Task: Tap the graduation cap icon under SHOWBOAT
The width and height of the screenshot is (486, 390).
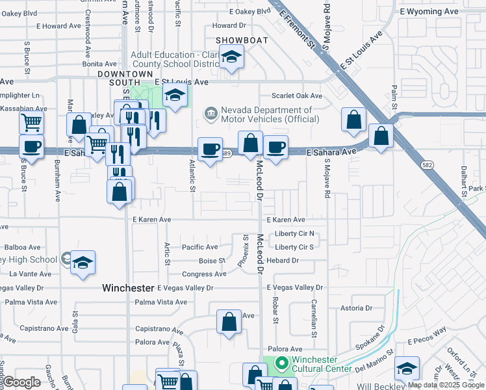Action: coord(231,57)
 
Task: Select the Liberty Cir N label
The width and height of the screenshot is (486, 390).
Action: coord(294,233)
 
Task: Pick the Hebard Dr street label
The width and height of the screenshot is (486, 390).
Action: coord(282,261)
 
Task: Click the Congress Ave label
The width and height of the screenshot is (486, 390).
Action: coord(204,274)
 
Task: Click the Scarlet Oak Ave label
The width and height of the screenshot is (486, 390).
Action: coord(297,96)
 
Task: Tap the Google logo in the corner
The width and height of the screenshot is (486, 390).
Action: coord(21,382)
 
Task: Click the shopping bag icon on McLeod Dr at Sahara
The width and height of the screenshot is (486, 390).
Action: coord(250,144)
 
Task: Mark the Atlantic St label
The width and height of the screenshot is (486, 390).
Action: coord(192,176)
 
